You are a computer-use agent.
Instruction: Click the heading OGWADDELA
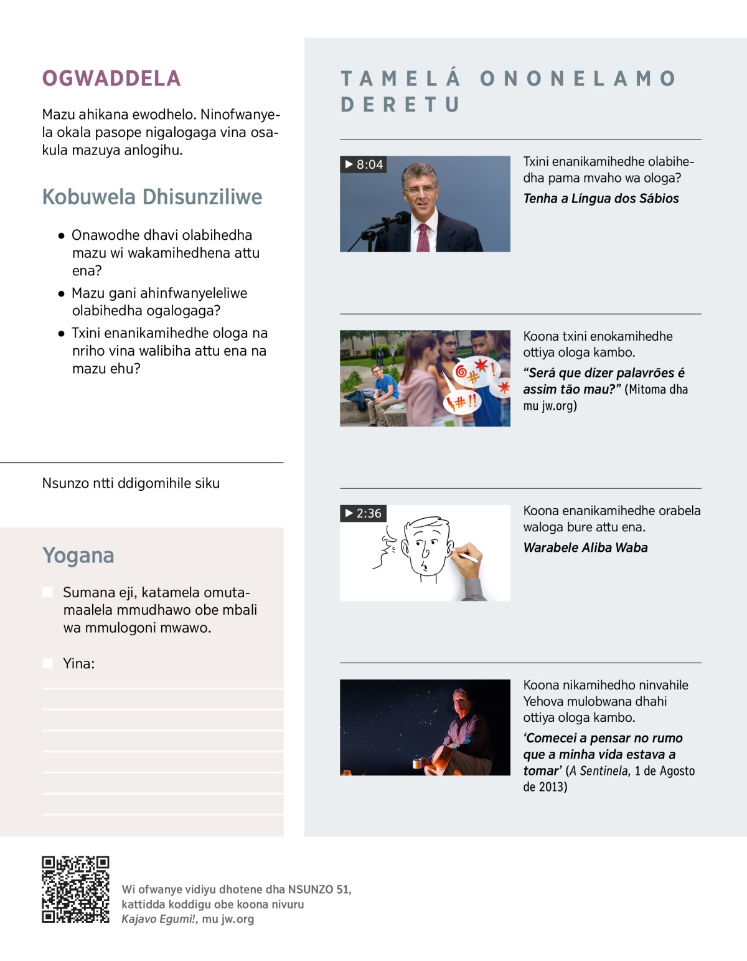pos(111,78)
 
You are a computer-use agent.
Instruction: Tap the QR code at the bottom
pos(75,889)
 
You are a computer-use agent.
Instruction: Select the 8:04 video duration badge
pos(364,164)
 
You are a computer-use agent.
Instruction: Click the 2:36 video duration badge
pos(364,513)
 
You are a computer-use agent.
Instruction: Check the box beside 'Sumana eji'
pos(47,592)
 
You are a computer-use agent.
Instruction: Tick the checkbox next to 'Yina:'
pos(47,663)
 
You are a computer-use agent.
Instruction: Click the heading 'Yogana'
pos(78,555)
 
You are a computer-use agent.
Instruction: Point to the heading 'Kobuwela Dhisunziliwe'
pos(152,197)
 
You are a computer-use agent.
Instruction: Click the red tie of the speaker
pos(423,237)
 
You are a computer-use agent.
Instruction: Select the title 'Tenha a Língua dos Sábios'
pos(601,199)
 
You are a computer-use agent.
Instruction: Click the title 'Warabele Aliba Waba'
pos(585,547)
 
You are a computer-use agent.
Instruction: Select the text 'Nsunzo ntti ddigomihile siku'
pos(131,483)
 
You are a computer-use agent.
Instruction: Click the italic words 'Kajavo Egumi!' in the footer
pos(159,919)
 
